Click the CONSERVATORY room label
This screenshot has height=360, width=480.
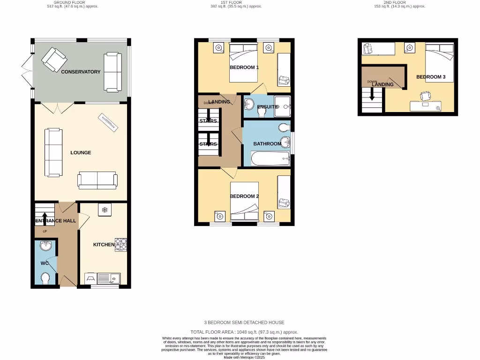coord(81,72)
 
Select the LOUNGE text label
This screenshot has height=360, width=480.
coord(81,153)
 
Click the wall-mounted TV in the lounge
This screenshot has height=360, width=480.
coord(109,122)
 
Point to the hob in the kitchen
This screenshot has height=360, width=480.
coord(120,245)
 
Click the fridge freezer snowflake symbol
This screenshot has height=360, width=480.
coord(105,210)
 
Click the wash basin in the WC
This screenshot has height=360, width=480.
coord(46,247)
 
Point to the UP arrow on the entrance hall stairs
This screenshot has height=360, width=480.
coord(45,217)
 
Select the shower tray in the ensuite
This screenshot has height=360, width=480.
coord(283,106)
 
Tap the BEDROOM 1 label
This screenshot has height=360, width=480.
coord(244,67)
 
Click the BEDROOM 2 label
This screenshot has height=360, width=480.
coord(244,196)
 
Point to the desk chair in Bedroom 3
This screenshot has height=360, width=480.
coord(425,96)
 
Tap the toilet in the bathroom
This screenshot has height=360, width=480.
coord(283,127)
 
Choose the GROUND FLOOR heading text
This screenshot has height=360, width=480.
coord(69,2)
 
